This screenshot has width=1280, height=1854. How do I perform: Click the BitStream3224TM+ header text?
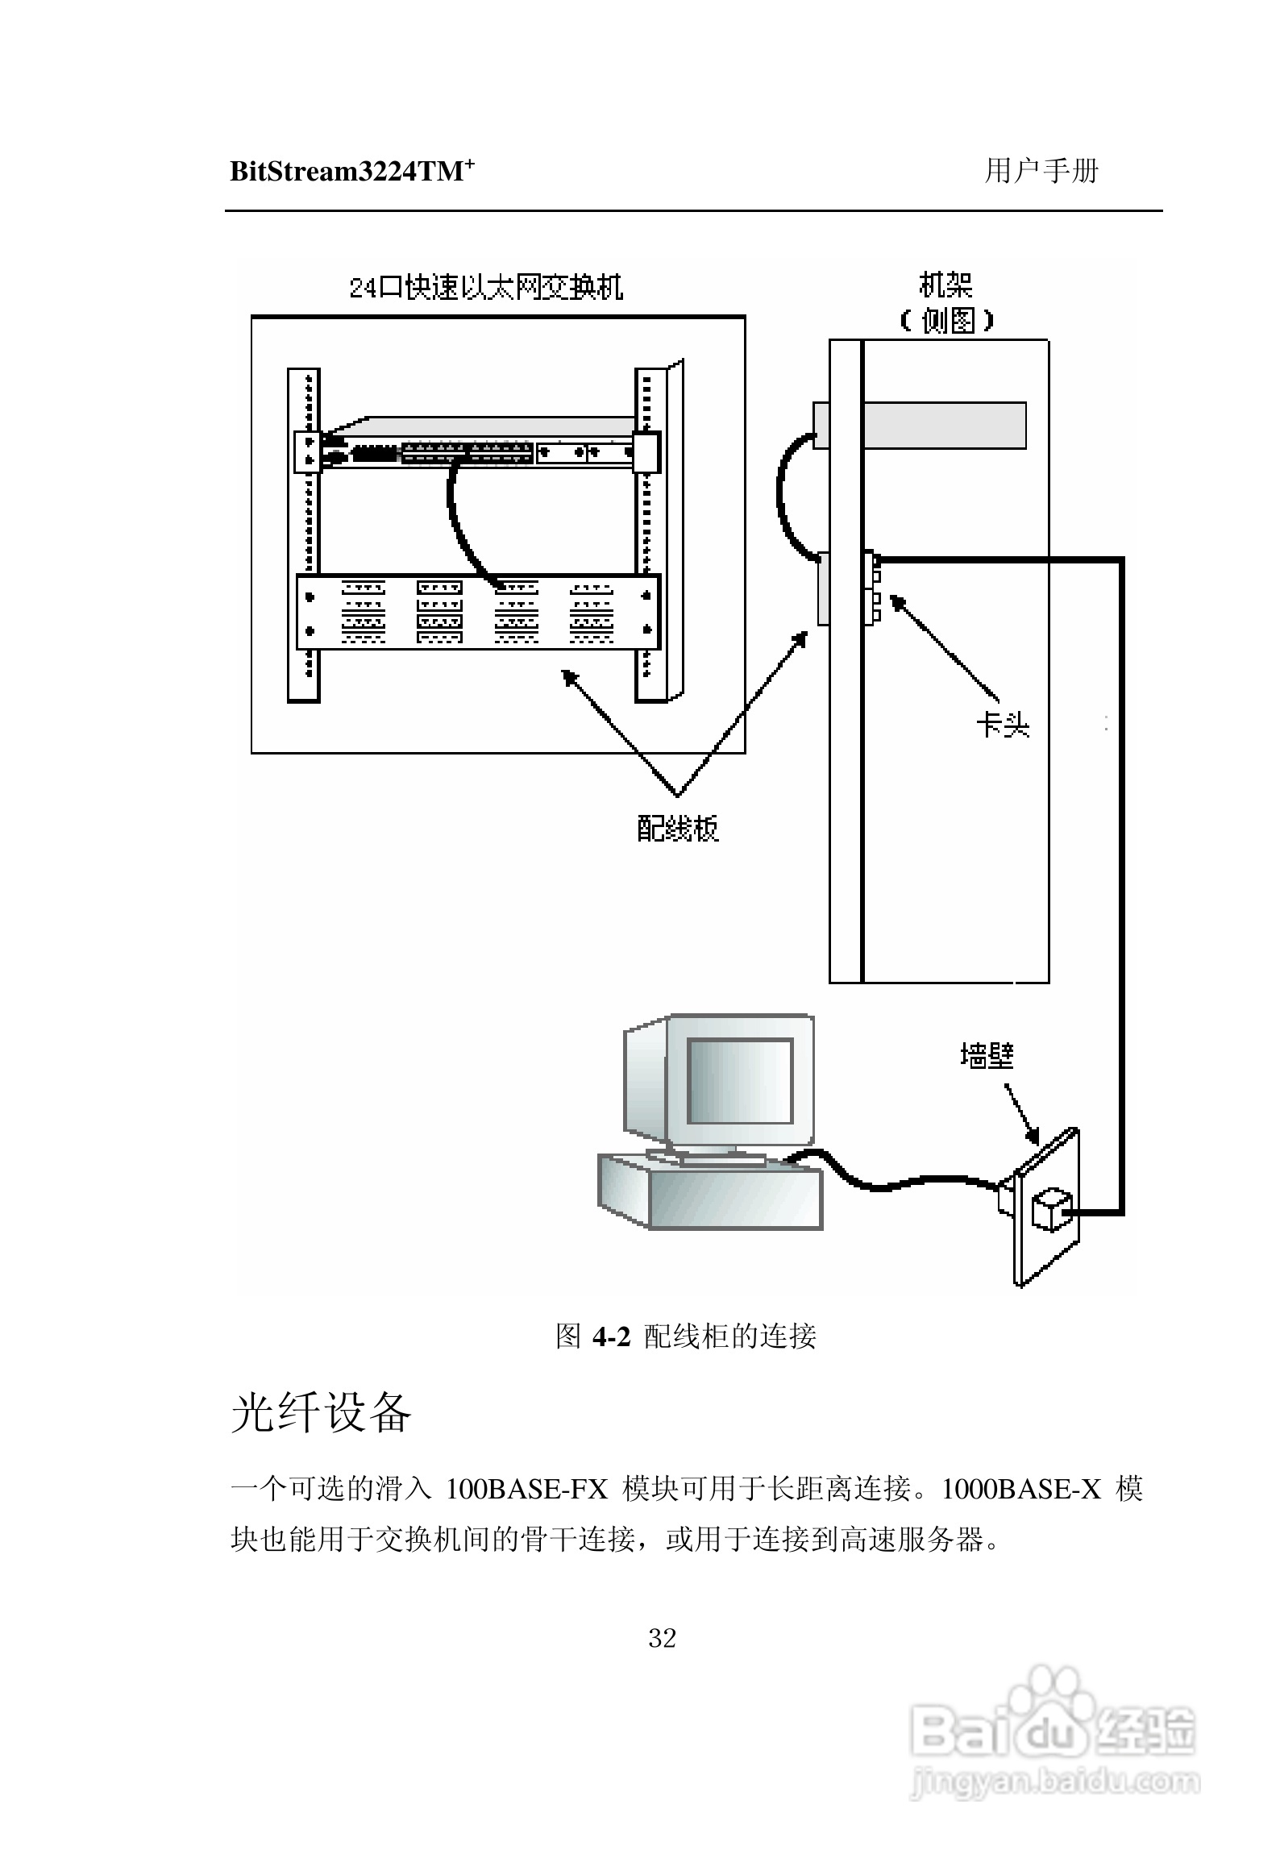[x=351, y=172]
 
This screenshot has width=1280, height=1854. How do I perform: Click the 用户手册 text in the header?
[x=1041, y=171]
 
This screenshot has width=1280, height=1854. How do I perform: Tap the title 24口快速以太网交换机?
[x=486, y=288]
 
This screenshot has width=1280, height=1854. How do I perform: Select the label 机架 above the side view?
[x=945, y=285]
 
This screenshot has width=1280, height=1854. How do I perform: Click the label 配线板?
[x=677, y=828]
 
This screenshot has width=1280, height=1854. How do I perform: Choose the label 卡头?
[x=1003, y=725]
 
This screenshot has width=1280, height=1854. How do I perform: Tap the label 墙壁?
[x=987, y=1055]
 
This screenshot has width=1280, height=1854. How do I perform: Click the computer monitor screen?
[x=739, y=1081]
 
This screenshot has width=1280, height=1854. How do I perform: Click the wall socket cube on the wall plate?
[x=1052, y=1209]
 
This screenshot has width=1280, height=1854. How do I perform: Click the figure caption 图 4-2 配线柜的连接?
[x=686, y=1336]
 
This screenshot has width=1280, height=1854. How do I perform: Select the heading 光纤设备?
[x=321, y=1413]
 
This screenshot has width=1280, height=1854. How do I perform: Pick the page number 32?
[x=662, y=1637]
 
